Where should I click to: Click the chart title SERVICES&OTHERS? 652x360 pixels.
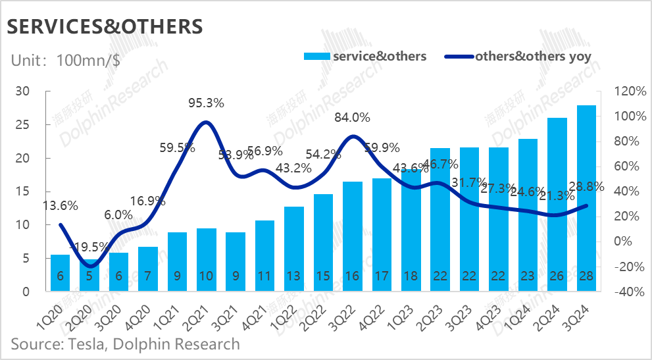click(x=104, y=27)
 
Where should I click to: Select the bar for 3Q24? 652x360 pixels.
click(x=587, y=197)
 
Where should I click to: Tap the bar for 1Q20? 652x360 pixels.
click(x=60, y=272)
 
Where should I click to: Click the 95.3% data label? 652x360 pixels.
click(x=207, y=103)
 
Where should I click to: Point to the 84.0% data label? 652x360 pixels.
click(x=353, y=118)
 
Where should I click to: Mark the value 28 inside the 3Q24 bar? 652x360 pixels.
click(x=587, y=276)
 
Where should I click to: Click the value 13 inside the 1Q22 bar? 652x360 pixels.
click(x=294, y=276)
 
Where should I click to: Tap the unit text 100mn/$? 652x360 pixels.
click(x=89, y=60)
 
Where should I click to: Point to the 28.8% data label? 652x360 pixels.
click(x=586, y=186)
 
